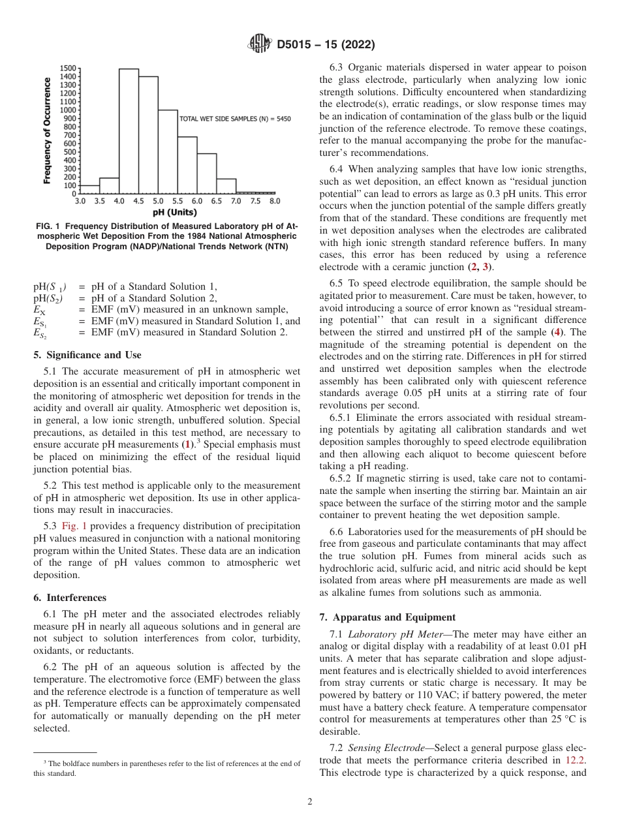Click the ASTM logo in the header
coord(260,44)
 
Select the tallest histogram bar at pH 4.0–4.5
coord(129,131)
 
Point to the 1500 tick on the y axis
coord(68,68)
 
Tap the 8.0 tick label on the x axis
coord(274,202)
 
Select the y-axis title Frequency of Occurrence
coord(47,131)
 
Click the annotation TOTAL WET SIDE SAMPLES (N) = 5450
coord(235,119)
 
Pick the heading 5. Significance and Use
coord(87,355)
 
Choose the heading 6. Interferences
coord(70,597)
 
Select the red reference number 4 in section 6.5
coord(557,331)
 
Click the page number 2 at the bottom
coord(309,802)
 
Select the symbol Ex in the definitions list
coord(39,309)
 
